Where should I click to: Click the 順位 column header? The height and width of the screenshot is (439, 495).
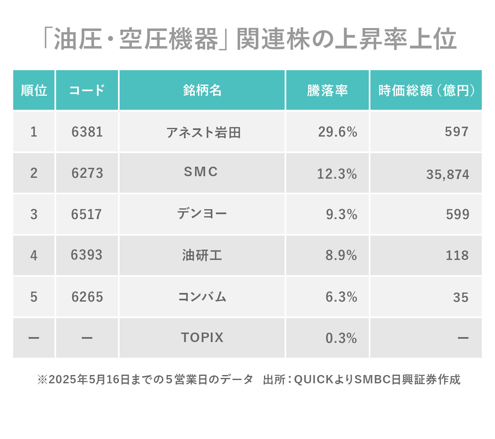coord(34,90)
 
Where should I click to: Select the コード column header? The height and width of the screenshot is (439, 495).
coord(87,90)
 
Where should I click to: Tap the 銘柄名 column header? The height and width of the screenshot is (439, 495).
coord(202,90)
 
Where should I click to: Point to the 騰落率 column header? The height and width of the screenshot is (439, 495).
coord(328,90)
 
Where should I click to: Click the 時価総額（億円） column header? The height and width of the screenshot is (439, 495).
coord(426,90)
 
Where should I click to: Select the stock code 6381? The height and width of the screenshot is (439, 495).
coord(87,132)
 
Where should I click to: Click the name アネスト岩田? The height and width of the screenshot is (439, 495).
coord(203,132)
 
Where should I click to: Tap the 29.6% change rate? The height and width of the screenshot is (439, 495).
coord(337,132)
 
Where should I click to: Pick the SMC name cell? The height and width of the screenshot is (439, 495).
coord(201,172)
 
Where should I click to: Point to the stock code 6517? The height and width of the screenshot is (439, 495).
coord(87,215)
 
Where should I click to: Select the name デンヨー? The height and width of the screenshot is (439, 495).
coord(202,214)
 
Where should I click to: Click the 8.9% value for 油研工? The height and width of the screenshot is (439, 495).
coord(341,255)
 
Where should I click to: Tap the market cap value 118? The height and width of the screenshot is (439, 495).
coord(457,255)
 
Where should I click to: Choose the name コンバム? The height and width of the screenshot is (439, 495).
coord(202,297)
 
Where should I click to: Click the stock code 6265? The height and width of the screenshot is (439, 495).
coord(87,297)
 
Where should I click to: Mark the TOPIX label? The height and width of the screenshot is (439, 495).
coord(202,338)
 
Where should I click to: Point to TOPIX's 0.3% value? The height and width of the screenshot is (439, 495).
coord(341,338)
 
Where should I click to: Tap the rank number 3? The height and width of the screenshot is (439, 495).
coord(34,215)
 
